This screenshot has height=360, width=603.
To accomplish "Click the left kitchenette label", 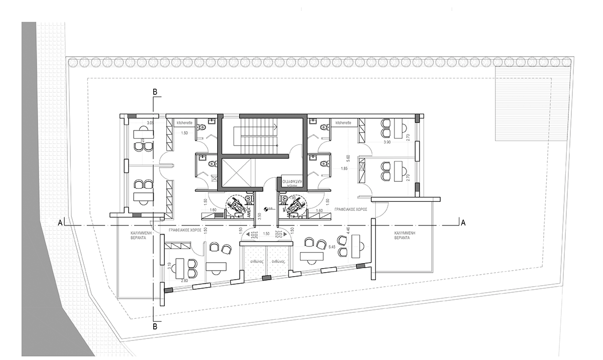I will [x=183, y=122].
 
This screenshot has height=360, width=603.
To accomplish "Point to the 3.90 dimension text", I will [x=387, y=143].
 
